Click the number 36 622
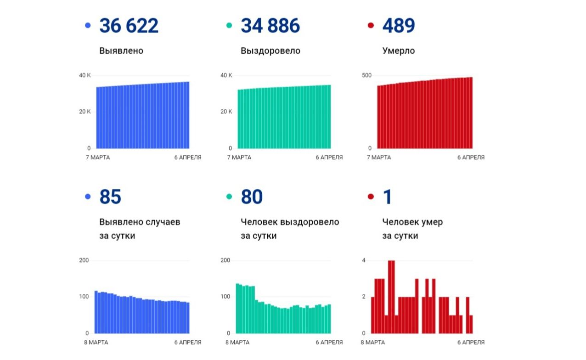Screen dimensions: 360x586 (129, 26)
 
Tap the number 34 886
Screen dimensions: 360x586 (270, 26)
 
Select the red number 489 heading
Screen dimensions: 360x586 (399, 26)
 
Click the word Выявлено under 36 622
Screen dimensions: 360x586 (121, 51)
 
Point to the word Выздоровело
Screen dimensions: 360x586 (270, 51)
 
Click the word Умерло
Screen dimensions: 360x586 (398, 51)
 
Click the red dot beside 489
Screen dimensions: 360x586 (371, 26)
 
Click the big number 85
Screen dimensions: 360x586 (110, 197)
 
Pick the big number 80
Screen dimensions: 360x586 (252, 197)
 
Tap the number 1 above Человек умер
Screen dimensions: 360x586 (387, 197)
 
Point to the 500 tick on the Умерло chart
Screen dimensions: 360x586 (366, 75)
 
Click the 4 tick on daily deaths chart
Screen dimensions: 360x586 (363, 260)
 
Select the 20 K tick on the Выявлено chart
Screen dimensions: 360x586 (85, 112)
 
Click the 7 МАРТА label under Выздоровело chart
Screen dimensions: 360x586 (238, 157)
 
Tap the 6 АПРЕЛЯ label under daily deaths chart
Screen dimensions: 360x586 (471, 342)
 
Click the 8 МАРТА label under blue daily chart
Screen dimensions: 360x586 (97, 342)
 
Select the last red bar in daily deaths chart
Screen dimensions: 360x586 (471, 324)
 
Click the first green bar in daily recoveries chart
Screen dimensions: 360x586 (237, 308)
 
